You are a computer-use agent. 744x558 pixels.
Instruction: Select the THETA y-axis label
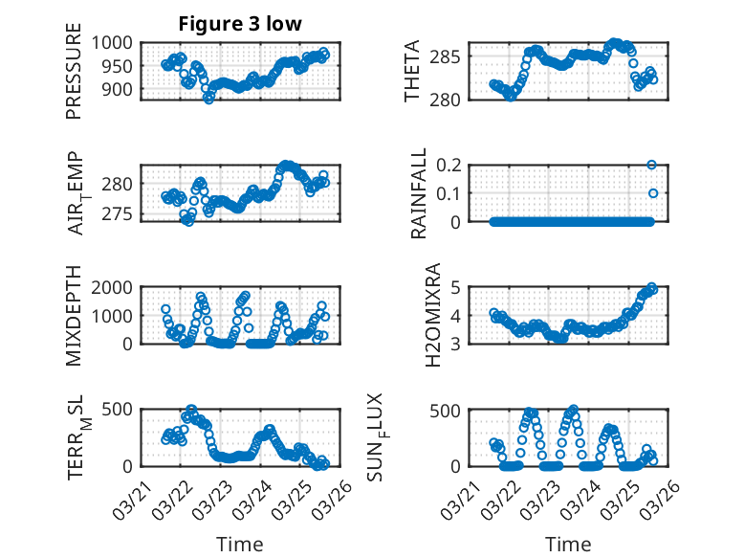coord(412,71)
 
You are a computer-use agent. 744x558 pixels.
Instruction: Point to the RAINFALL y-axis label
coord(418,193)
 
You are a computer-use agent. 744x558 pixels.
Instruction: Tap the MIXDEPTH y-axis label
coord(74,316)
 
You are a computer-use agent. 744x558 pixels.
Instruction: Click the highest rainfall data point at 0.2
coord(652,165)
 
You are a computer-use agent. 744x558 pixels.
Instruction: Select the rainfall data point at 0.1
coord(653,193)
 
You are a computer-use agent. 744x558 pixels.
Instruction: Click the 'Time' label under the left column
coord(240,545)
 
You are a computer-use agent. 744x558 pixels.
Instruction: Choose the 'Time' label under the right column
coord(569,545)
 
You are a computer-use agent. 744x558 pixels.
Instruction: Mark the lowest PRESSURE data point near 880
coord(208,99)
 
